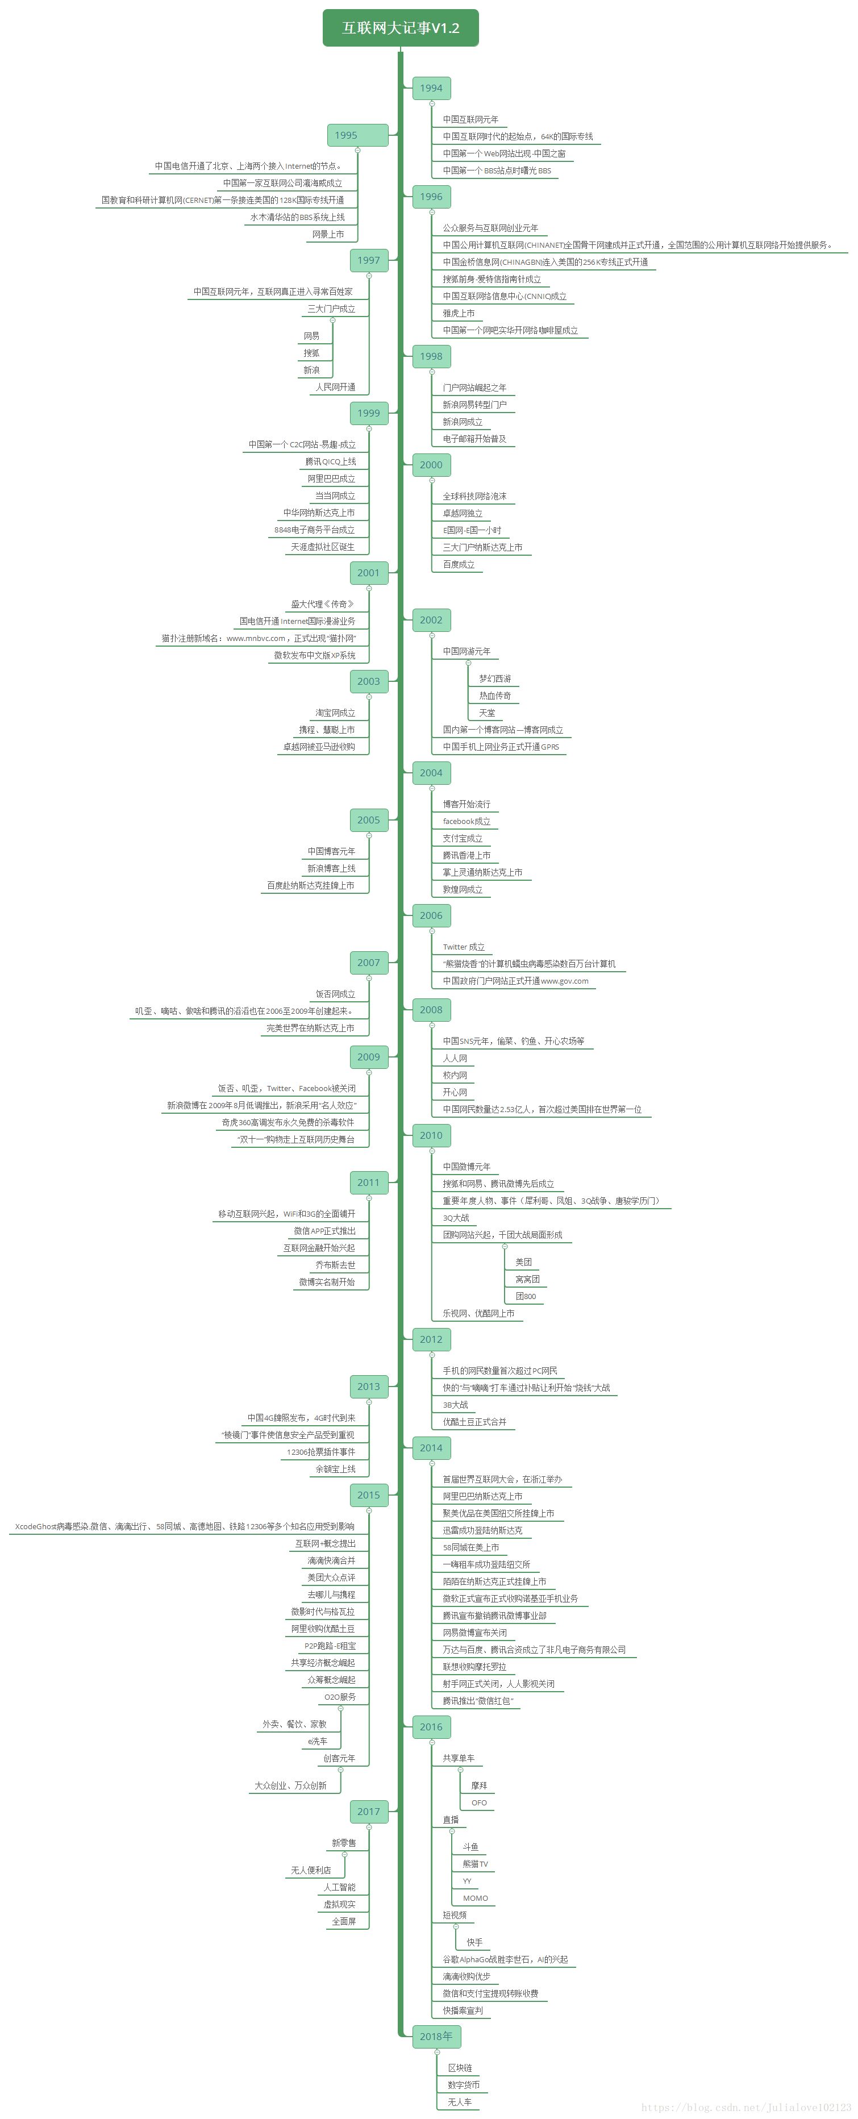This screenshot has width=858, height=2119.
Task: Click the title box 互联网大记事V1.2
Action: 401,28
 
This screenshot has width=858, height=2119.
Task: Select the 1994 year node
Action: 431,88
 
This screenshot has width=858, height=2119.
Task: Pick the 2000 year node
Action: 431,465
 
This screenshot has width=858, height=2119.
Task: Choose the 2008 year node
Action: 431,1009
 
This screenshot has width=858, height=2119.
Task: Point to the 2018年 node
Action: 436,2036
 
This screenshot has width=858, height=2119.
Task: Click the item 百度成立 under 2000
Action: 458,564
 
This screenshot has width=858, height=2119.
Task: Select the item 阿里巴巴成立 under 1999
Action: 331,478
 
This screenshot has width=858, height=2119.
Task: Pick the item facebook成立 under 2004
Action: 467,821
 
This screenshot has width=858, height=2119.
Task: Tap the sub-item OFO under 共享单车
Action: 479,1802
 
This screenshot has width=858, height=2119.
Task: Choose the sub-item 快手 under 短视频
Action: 474,1942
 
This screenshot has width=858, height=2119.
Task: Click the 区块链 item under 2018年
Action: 460,2067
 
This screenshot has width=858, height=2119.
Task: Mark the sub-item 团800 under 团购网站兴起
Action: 526,1296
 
